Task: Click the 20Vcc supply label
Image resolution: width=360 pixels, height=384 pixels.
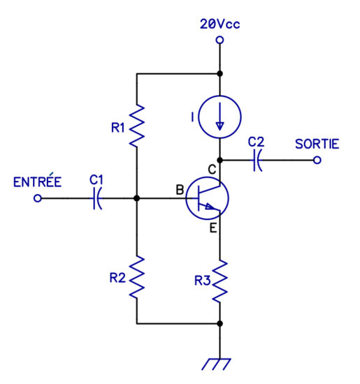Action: coord(219,24)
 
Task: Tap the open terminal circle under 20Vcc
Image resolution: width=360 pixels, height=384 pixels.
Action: coord(219,40)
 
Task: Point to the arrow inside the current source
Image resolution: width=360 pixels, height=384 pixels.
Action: coord(219,117)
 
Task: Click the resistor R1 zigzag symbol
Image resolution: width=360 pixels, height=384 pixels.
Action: coord(137,126)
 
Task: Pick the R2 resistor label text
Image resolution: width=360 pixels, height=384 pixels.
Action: coord(117,278)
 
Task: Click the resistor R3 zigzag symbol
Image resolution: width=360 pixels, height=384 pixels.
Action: coord(219,281)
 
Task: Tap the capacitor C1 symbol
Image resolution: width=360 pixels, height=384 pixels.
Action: coord(97,198)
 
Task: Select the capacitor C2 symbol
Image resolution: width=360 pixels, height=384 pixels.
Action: coord(257,160)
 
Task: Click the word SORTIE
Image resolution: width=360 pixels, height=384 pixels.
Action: coord(317,144)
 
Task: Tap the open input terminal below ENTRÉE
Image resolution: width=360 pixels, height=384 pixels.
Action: coord(38,198)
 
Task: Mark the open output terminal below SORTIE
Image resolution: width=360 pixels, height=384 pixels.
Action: coord(317,160)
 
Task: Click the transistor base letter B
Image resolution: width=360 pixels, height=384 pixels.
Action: coord(180,190)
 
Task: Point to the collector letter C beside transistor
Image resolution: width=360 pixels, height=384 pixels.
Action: coord(212,170)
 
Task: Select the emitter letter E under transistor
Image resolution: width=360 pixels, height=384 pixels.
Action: coord(213,228)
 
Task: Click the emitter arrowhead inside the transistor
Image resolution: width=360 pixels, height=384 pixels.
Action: coord(210,207)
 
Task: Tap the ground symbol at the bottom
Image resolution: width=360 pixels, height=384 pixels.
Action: coord(216,364)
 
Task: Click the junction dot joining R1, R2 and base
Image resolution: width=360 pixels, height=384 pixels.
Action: coord(137,198)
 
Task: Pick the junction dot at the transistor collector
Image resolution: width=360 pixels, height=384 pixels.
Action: coord(220,160)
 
